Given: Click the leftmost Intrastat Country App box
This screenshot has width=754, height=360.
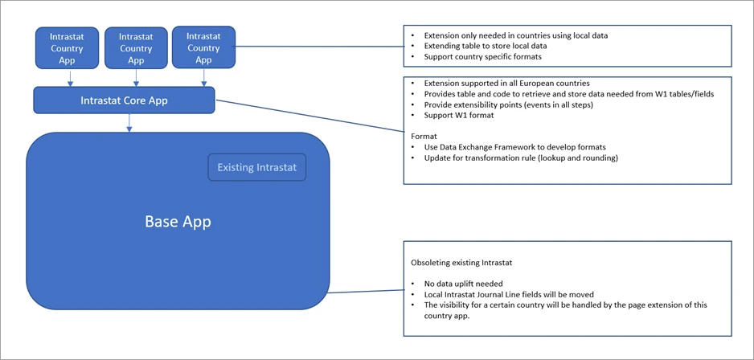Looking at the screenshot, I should (68, 48).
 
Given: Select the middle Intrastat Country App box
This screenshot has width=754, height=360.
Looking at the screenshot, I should (136, 48).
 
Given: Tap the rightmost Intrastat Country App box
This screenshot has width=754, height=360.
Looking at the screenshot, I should (203, 47).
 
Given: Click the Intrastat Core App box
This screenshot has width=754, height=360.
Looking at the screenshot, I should (124, 101).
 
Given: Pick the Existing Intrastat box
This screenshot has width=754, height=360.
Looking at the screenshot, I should (257, 168).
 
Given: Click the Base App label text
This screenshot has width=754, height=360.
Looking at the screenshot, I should (178, 221).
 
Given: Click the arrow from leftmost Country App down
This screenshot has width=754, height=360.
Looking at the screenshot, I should (70, 78).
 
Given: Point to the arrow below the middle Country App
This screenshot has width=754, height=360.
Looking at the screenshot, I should (137, 78).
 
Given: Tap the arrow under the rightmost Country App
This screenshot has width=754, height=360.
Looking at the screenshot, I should (205, 77).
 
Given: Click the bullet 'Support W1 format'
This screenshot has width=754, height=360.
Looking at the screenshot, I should (456, 116).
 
